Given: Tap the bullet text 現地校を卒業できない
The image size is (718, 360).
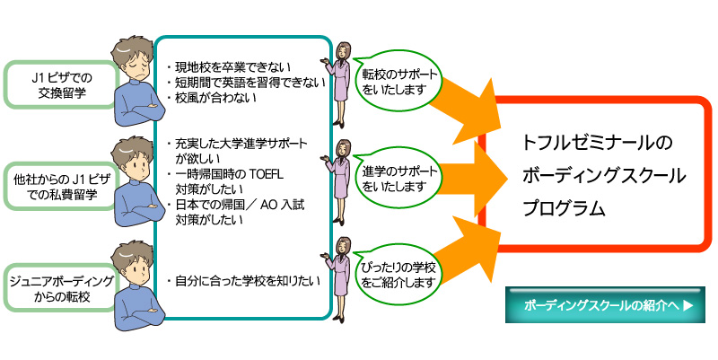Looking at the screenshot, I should click(230, 67).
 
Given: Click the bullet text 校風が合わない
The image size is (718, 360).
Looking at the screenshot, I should click(215, 98).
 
